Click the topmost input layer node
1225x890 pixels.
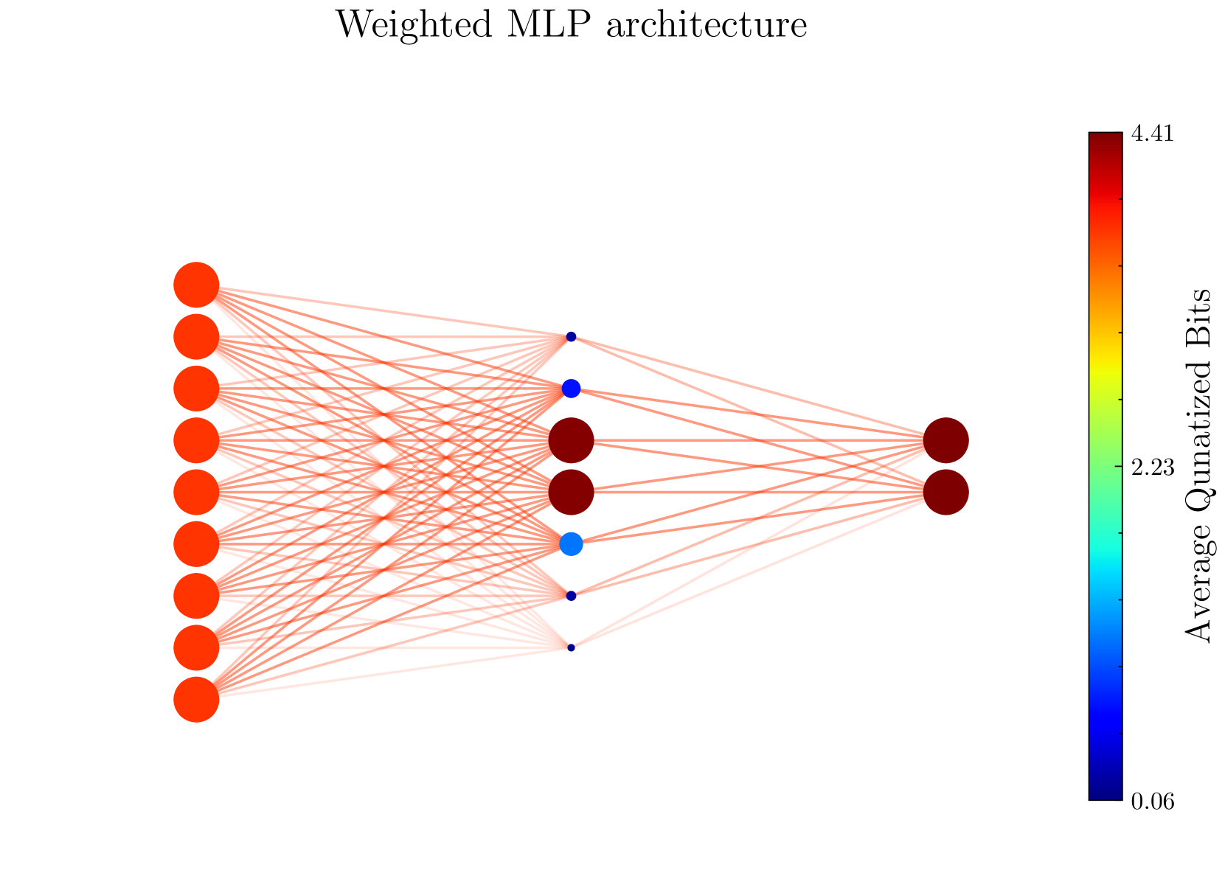tap(196, 285)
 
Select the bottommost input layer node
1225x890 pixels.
tap(196, 699)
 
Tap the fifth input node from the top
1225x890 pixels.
tap(196, 492)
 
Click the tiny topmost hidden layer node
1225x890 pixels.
tap(571, 337)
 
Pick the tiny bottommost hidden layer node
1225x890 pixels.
tap(571, 647)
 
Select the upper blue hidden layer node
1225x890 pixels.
tap(571, 388)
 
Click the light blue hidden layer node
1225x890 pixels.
tap(571, 544)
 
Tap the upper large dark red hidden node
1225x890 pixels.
tap(571, 440)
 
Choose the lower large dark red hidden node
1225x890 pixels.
tap(571, 492)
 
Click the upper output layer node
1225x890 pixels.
tap(945, 440)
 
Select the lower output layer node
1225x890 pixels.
tap(945, 492)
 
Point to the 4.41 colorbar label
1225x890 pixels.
tap(1153, 135)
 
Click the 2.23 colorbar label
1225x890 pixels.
tap(1153, 468)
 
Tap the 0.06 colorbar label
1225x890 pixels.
tap(1153, 802)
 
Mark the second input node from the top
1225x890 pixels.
tap(196, 337)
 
